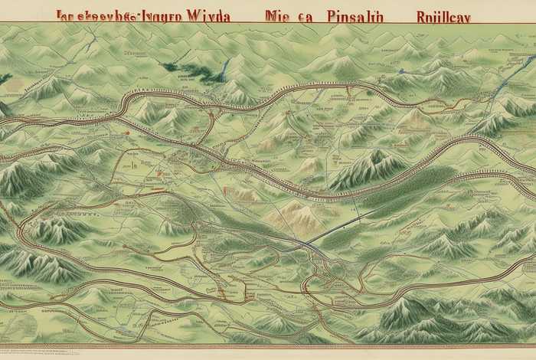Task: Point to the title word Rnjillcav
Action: click(444, 16)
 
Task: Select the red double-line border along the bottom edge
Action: click(268, 347)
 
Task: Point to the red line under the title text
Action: click(268, 25)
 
